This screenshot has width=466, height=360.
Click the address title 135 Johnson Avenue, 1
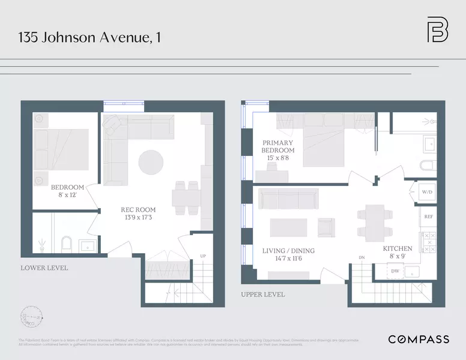coord(90,37)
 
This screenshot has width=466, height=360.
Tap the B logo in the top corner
coord(437,31)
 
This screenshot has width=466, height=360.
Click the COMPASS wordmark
coord(418,340)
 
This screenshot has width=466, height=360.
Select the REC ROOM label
coord(138,210)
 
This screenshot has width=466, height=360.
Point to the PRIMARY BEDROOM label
coord(278,146)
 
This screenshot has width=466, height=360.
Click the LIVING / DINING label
coord(288,251)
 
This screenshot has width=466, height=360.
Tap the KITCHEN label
coord(398,248)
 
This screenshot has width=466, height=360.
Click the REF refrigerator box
coord(428,217)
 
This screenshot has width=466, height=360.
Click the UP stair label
coord(202,257)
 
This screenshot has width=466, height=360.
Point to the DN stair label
coord(362,257)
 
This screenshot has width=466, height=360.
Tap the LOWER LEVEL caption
coord(44,268)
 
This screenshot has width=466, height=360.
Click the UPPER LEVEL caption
coord(263,295)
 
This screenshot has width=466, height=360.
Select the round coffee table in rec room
coord(151,162)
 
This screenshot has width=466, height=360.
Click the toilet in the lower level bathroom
coord(67,243)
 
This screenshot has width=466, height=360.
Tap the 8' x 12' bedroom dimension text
coord(67,195)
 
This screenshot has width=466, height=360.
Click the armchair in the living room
coord(326,227)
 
